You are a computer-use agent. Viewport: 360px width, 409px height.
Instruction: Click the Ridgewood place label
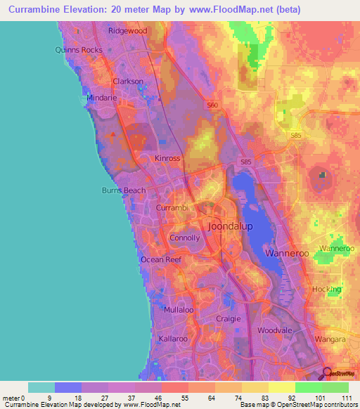(127, 31)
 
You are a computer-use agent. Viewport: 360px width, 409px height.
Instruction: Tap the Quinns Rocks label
(79, 50)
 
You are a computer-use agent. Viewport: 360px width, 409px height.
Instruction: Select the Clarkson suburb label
(128, 82)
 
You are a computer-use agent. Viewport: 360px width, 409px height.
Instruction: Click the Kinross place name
(167, 159)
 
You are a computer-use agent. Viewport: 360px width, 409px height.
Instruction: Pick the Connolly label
(185, 238)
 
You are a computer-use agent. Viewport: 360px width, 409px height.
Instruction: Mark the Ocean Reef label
(161, 260)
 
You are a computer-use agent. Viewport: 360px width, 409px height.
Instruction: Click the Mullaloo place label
(178, 310)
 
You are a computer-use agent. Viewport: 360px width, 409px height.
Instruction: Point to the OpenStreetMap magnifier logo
(328, 373)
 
